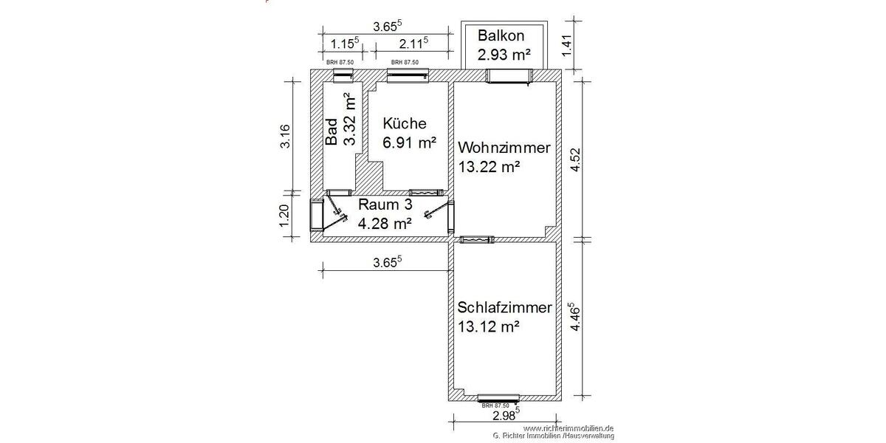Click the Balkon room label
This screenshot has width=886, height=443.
pos(502,35)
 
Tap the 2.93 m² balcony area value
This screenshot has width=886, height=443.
pos(504,54)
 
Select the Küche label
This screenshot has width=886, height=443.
pos(404,123)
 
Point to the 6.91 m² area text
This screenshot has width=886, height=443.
pos(408,142)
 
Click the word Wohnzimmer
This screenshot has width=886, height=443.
pos(504,148)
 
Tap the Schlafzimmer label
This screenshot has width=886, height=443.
pos(504,307)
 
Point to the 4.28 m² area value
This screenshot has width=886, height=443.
pos(384,221)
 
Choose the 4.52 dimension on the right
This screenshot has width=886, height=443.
pos(577,160)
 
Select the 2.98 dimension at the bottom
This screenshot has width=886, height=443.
pos(504,415)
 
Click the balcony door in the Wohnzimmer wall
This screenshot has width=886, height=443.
pos(509,76)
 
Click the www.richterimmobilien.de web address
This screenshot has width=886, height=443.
pos(569,428)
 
